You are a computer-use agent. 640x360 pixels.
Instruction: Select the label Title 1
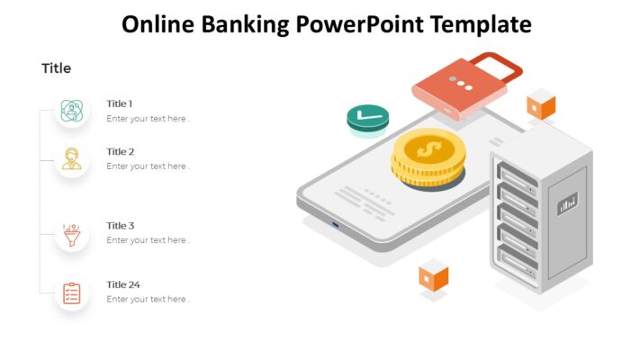click(x=120, y=103)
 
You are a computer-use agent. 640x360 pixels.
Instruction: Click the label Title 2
click(x=121, y=151)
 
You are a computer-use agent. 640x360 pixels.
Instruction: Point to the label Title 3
click(x=121, y=226)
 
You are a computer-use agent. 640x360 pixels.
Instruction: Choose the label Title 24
click(x=123, y=284)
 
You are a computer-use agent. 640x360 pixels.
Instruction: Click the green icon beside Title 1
click(x=72, y=111)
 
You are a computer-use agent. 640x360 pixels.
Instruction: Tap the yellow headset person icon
click(x=72, y=158)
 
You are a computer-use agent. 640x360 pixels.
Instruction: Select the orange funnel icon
click(x=72, y=234)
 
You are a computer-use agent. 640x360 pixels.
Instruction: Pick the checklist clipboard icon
click(x=72, y=292)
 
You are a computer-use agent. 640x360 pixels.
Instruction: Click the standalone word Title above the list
click(x=56, y=68)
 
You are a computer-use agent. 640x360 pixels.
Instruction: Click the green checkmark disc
click(x=367, y=117)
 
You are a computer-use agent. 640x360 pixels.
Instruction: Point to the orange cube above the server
click(x=541, y=104)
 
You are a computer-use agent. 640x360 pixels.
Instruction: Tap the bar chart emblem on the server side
click(x=568, y=203)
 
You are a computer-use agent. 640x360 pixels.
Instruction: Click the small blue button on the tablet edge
click(x=337, y=223)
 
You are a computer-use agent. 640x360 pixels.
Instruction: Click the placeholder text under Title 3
click(x=148, y=240)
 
